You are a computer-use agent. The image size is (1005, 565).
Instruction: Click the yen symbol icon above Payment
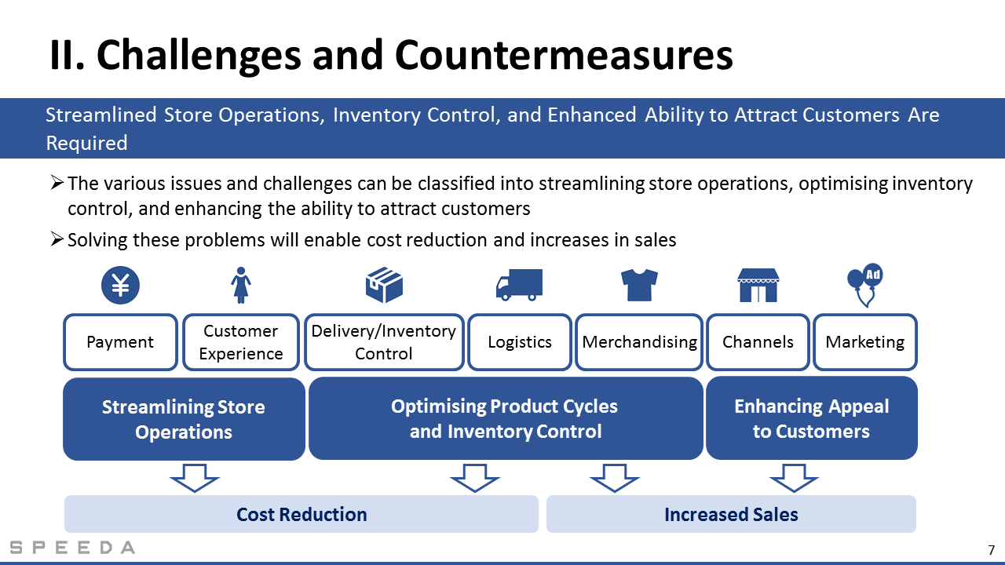(x=120, y=285)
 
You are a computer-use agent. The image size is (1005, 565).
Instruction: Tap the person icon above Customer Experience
(x=241, y=285)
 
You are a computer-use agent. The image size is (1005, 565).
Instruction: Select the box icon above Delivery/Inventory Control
(x=384, y=285)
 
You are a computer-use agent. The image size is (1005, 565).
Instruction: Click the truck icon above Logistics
(x=519, y=285)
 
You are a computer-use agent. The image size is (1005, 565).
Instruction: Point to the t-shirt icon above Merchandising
(x=639, y=285)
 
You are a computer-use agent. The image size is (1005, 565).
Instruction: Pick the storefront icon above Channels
(x=758, y=285)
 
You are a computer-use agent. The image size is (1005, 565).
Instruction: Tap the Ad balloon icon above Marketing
(x=865, y=285)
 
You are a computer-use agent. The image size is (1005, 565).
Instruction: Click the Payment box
(x=120, y=342)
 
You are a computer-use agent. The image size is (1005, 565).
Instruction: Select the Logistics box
(x=520, y=342)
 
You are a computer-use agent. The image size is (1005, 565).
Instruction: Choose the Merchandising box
(x=639, y=342)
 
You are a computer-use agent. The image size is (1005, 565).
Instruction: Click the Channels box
(x=758, y=342)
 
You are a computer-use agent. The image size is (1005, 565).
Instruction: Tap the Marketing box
(x=865, y=342)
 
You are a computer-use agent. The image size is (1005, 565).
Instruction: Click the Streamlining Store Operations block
(x=184, y=419)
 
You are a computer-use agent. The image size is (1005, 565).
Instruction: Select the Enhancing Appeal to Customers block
(x=812, y=418)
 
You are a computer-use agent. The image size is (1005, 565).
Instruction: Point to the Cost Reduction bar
(x=301, y=514)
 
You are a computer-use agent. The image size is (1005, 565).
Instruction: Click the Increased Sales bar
(x=731, y=514)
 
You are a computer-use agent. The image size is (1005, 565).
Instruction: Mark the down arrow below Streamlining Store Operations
(x=195, y=478)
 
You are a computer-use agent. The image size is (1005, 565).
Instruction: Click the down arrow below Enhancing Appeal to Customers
(x=794, y=478)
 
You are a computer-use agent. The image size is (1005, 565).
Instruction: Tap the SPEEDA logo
(x=72, y=548)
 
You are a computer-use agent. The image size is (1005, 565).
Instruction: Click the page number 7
(x=991, y=550)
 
